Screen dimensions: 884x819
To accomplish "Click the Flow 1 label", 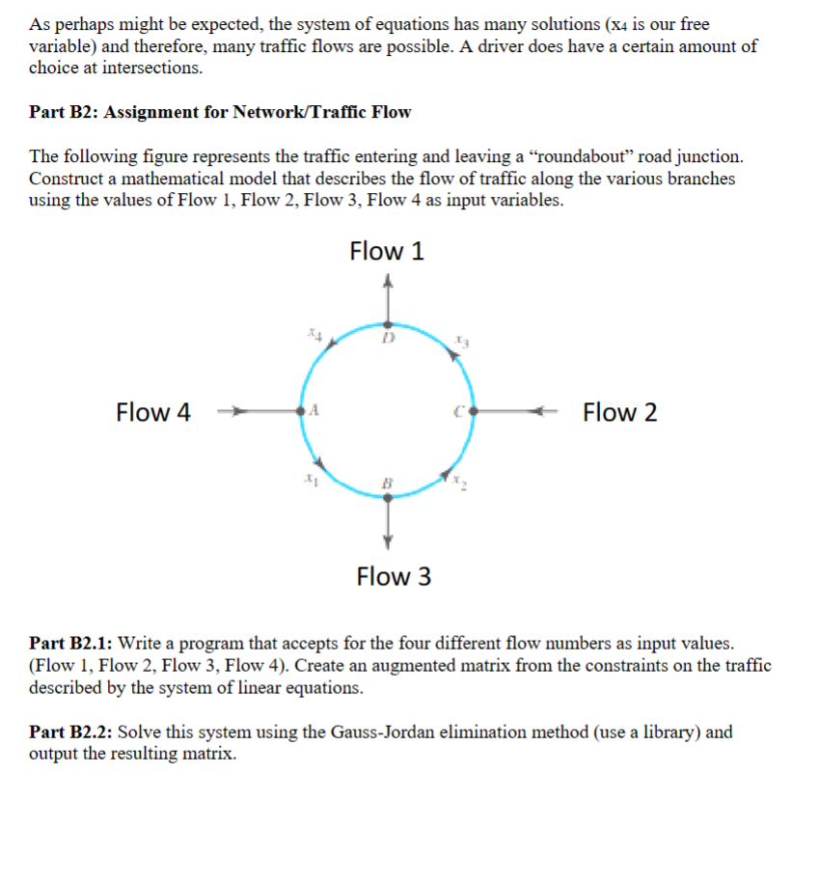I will click(387, 252).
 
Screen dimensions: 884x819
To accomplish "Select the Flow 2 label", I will click(620, 413).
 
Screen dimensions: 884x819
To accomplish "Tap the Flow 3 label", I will click(394, 577).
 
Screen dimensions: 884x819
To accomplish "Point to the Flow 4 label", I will click(152, 413).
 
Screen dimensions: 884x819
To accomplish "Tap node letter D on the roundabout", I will click(388, 340).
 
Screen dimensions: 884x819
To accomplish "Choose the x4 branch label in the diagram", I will click(313, 334).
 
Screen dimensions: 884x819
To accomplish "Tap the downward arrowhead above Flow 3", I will click(388, 539).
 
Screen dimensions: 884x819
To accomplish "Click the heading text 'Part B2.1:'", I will click(71, 643).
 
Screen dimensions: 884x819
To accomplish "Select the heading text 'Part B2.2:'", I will click(71, 732).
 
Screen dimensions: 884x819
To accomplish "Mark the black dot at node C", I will click(473, 412).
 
